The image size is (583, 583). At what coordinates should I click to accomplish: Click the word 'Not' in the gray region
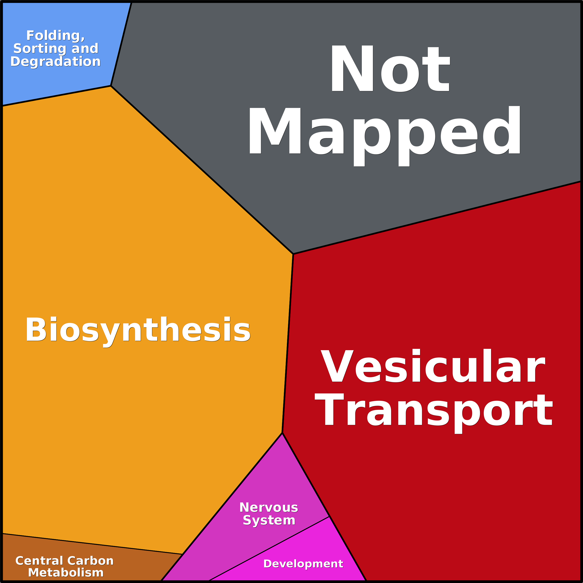pos(390,68)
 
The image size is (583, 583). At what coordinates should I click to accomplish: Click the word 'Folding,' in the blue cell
pos(55,36)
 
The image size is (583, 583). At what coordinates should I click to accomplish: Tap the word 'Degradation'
pos(55,62)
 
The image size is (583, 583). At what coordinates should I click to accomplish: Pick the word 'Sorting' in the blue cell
pos(39,49)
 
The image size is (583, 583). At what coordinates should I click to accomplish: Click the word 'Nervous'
pos(269,507)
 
